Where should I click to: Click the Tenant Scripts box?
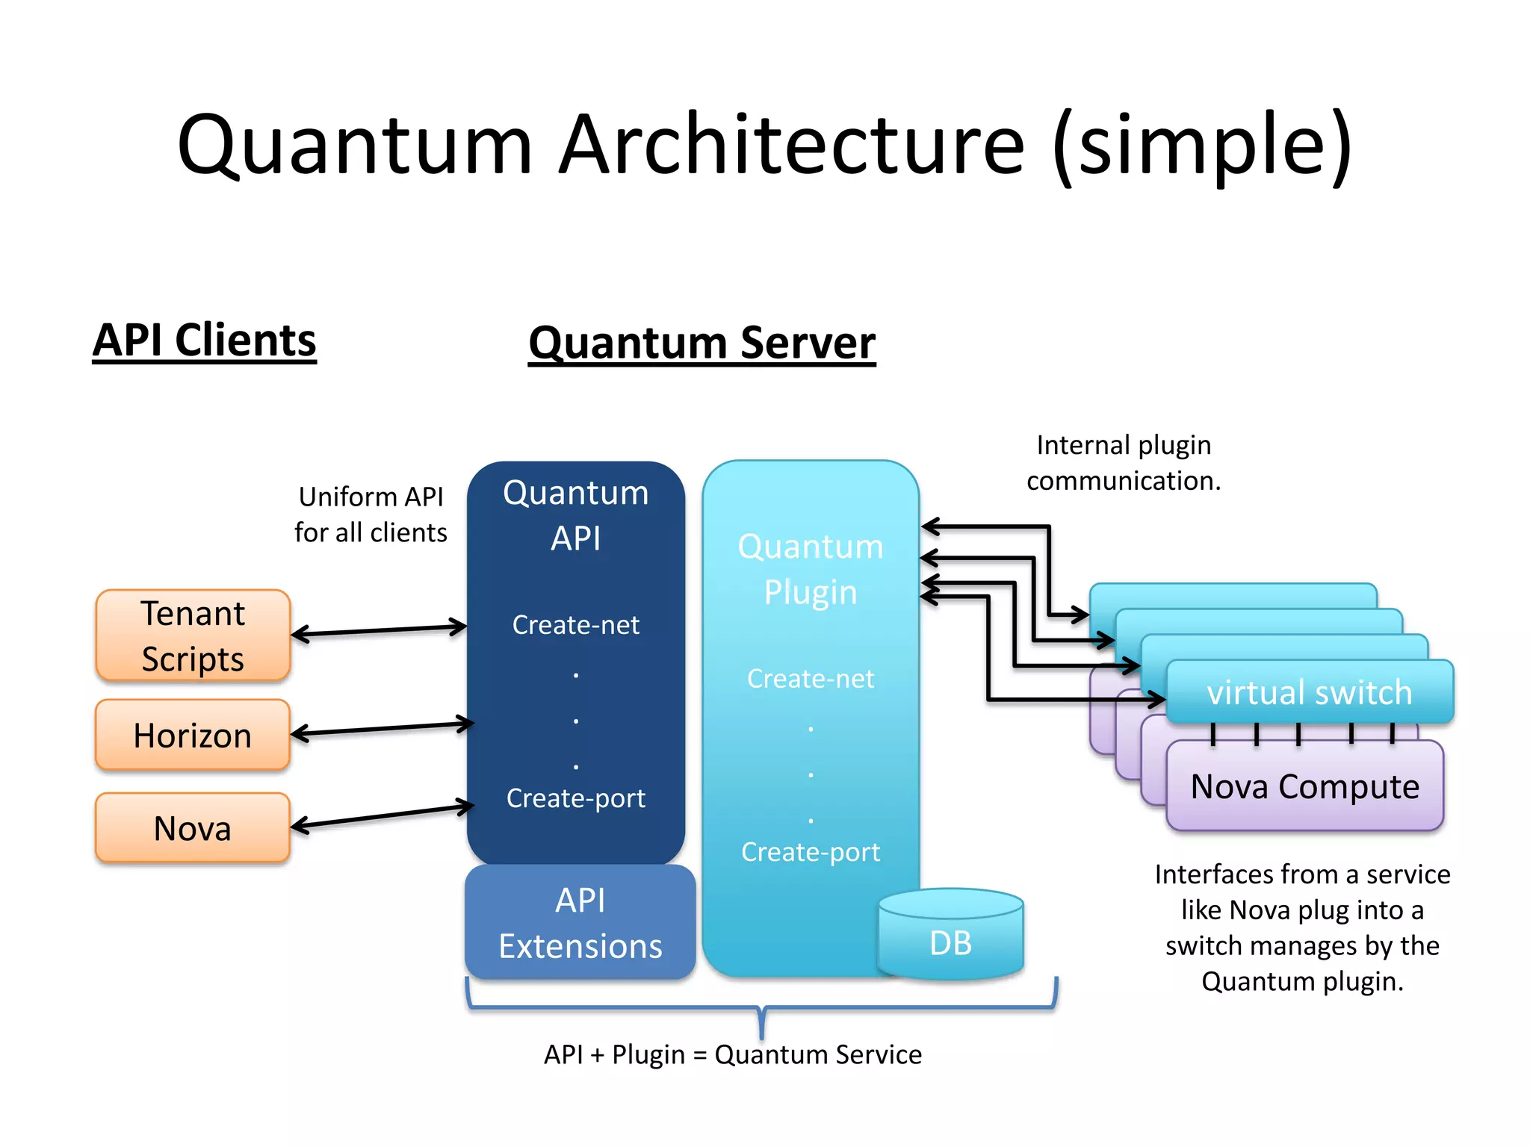pos(193,635)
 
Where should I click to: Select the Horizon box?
pos(193,735)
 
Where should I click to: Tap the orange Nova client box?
pos(193,827)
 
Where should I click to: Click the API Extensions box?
pos(580,923)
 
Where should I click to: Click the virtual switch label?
pos(1309,692)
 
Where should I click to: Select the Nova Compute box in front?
pos(1304,786)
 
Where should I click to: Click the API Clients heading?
pos(205,341)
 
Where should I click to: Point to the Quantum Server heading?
pos(701,343)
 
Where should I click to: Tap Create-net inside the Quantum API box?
pos(575,624)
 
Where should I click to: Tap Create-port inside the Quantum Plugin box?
pos(810,851)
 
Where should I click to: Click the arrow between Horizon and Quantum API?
pos(382,729)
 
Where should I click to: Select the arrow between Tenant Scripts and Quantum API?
pos(379,631)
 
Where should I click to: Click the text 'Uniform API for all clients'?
pos(371,515)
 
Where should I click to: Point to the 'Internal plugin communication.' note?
pos(1123,463)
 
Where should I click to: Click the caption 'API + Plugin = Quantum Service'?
pos(732,1054)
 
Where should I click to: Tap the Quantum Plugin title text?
pos(810,569)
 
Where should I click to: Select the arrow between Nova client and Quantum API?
pos(382,816)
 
